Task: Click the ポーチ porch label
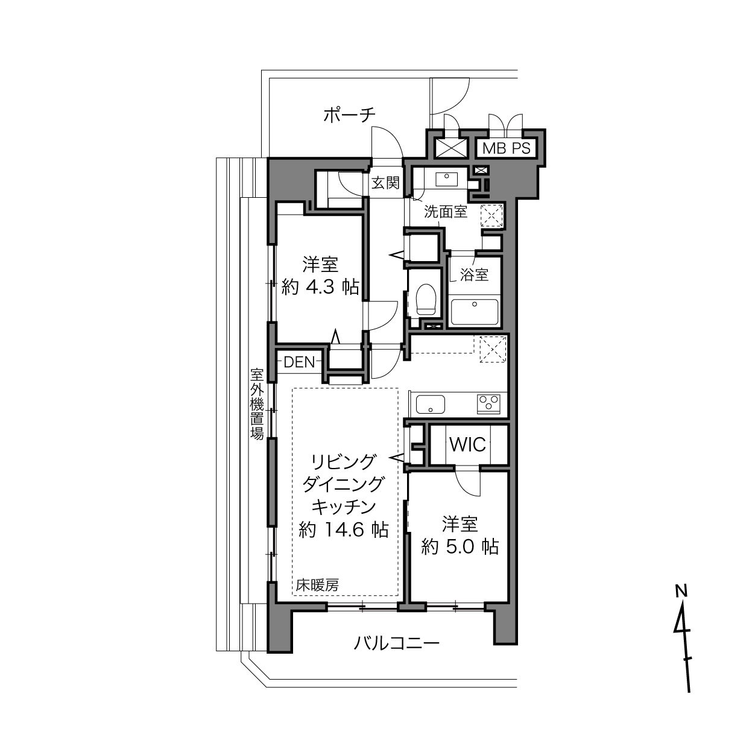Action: point(349,115)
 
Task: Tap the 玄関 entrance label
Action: point(385,183)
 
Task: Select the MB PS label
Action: point(506,148)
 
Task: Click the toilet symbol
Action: point(426,299)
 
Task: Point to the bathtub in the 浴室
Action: point(475,312)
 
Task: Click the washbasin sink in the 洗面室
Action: point(447,180)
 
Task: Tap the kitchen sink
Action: point(431,405)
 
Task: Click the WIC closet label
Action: point(467,444)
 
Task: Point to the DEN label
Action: point(299,362)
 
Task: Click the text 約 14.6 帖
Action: point(343,529)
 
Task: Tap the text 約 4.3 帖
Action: point(320,287)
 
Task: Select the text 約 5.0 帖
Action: point(460,546)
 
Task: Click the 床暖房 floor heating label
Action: point(317,586)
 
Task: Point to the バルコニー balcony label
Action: point(397,643)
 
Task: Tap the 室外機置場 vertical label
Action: point(257,403)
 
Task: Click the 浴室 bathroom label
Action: point(474,274)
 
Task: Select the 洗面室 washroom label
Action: point(446,212)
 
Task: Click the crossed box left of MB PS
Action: point(450,148)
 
